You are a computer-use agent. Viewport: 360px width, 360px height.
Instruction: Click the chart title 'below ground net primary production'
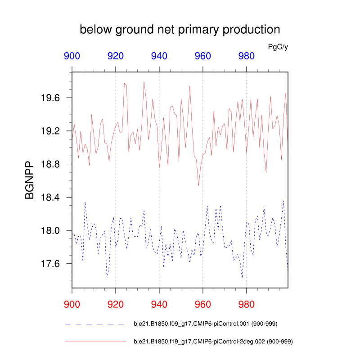[180, 30]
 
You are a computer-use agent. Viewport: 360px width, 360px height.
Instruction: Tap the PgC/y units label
[278, 47]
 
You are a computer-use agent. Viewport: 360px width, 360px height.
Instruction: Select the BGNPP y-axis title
[30, 180]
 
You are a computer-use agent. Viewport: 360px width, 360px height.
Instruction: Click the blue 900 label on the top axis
[72, 56]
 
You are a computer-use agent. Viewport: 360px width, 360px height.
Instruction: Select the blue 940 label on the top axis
[159, 56]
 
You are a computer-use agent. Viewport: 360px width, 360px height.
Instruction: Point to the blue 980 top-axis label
[246, 56]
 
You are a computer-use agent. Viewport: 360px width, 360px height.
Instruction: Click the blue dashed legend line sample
[95, 324]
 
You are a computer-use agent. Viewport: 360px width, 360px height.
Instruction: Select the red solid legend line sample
[95, 342]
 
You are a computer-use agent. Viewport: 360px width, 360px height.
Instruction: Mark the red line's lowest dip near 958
[198, 185]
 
